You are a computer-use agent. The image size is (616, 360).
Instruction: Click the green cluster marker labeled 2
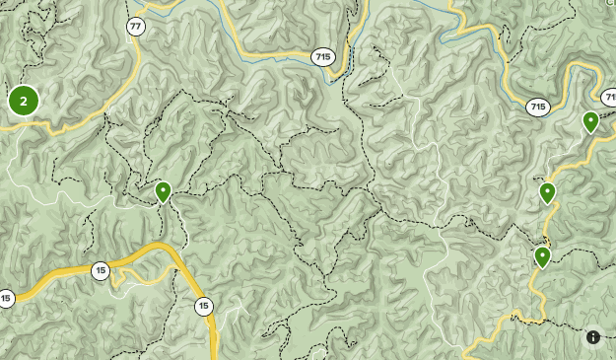point(23,101)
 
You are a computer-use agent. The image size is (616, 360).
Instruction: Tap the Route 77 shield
point(136,27)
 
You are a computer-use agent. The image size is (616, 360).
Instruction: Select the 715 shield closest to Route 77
point(322,57)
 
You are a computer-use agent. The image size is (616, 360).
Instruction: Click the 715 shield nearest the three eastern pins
point(537,107)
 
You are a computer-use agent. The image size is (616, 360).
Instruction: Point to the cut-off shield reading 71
point(609,98)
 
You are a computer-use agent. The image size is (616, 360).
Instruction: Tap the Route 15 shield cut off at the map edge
point(5,298)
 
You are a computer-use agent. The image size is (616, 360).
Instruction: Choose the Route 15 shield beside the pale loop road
point(101,270)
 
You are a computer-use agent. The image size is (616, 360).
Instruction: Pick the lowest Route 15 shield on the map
point(203,306)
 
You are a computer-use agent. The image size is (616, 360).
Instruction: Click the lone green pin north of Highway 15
point(163,190)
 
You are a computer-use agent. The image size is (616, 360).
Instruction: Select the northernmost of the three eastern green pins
point(590,121)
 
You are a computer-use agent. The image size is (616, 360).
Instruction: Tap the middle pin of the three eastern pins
point(547,192)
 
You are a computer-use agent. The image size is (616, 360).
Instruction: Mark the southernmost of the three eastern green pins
point(542,256)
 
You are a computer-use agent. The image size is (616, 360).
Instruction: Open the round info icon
point(593,336)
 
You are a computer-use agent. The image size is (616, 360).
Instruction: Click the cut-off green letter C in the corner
point(611,3)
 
